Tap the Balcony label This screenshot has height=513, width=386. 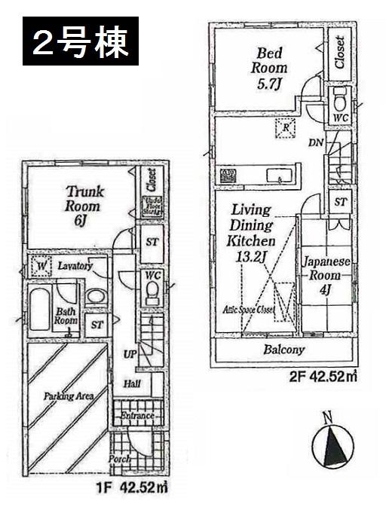point(284,350)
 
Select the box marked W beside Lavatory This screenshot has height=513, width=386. point(40,266)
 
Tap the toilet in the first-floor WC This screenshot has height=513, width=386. point(153,292)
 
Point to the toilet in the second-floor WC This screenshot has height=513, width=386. point(340,98)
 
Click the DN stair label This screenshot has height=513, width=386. point(317,142)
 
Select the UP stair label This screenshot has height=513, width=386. point(129,353)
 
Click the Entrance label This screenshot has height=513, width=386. point(138,416)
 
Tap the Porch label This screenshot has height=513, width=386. point(121,459)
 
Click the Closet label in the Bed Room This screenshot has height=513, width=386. point(340,52)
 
